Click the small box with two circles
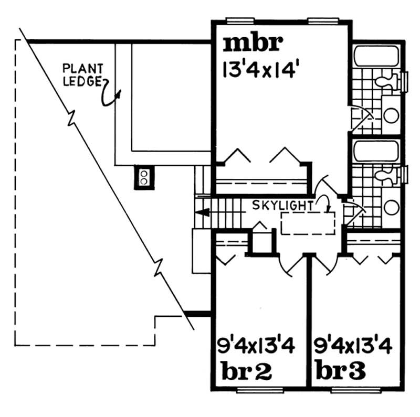(143, 177)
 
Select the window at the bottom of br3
(357, 389)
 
